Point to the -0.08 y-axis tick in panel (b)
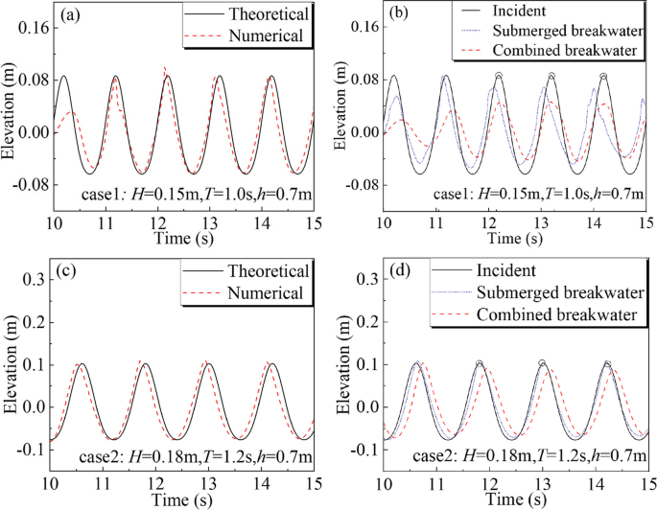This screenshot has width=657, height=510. click(x=358, y=184)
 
